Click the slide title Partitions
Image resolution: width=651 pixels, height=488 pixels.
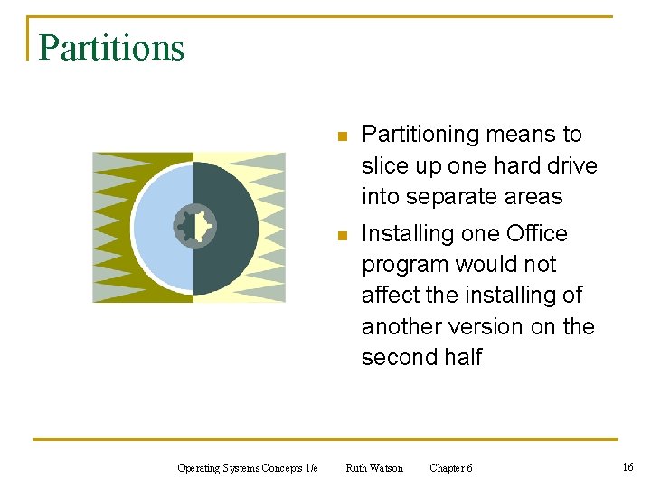111,48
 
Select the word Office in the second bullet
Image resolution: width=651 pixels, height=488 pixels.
537,234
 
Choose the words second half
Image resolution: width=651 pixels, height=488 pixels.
421,357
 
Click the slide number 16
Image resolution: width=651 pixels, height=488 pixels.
627,466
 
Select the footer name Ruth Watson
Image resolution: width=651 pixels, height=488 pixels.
374,468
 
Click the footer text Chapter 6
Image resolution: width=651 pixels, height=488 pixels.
450,468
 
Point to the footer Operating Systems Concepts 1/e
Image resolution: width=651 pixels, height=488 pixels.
247,468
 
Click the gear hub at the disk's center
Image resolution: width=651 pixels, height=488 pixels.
194,226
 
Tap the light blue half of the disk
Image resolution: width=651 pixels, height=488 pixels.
158,226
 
